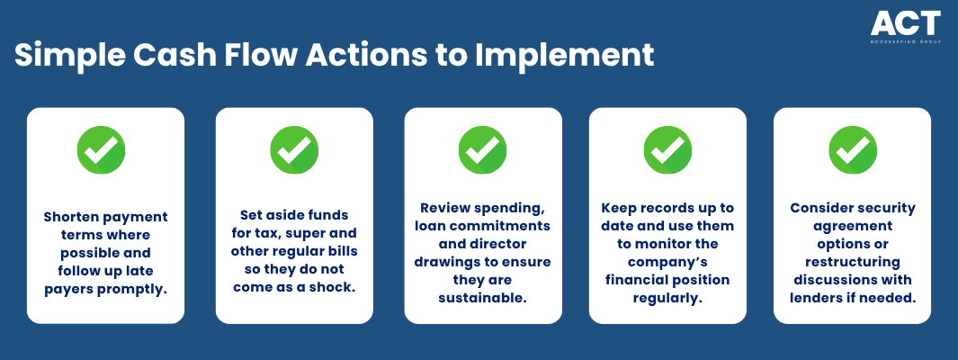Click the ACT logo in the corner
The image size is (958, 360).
[x=906, y=28]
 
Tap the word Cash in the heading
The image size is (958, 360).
[x=170, y=55]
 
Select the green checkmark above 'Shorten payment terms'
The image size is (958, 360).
[x=101, y=150]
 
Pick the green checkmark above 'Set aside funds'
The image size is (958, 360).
[x=294, y=150]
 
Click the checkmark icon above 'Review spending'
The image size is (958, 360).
[x=483, y=150]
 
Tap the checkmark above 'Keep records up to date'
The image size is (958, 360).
[x=667, y=150]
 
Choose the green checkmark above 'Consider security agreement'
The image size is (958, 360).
[x=853, y=150]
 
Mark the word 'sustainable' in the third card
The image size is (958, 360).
[x=483, y=297]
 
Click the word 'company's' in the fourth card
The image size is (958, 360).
[x=667, y=262]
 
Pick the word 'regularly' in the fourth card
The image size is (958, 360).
[x=667, y=297]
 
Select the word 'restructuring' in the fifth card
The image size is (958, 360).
[x=852, y=262]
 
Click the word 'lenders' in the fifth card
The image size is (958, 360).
[x=815, y=297]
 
